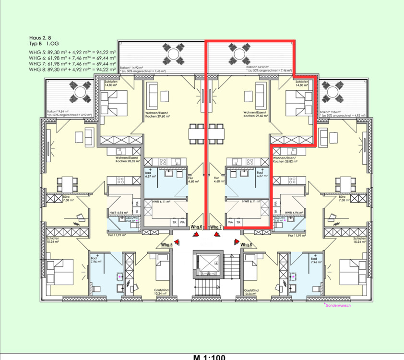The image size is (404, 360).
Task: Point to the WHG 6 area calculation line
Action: (72, 57)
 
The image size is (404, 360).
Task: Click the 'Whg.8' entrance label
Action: (246, 245)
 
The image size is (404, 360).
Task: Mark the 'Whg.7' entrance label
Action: (215, 227)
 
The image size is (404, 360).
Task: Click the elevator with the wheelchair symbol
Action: (207, 264)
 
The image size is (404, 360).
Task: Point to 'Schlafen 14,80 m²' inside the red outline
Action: (302, 84)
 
